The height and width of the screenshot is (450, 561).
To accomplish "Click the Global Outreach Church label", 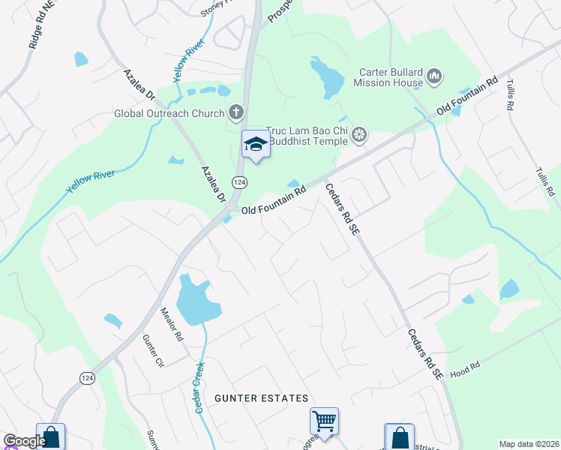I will pos(169,114).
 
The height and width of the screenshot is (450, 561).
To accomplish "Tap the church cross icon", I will pos(236,113).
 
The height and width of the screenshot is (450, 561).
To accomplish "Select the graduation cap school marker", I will pos(256,145).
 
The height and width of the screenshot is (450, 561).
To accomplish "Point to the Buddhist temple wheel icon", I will pos(359,135).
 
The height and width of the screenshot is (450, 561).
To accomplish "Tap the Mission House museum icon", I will pos(434,76).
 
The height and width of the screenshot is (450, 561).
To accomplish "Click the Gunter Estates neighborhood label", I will pos(261,398).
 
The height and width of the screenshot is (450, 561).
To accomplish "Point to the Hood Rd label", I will pos(464,370).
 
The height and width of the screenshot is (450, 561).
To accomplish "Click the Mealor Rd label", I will pos(172,324).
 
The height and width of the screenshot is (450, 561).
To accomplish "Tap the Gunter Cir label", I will pos(153,350).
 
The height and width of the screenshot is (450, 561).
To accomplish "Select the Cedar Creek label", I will pos(199,387).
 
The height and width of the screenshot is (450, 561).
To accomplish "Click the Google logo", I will pos(24,441).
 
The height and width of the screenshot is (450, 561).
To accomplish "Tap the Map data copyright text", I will pos(529,444).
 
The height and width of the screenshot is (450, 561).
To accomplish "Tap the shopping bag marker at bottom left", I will pos(50,437).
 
